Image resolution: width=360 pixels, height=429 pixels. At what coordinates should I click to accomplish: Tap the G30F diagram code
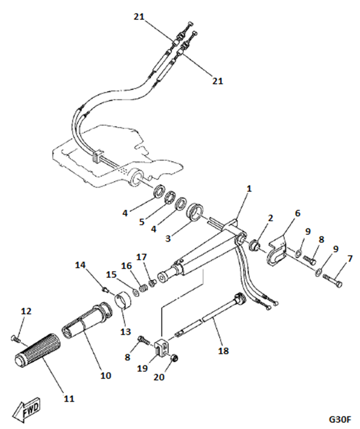click(x=340, y=419)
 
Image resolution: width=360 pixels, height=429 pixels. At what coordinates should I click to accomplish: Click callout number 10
click(x=105, y=376)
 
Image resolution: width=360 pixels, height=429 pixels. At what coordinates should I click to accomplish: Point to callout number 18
click(x=223, y=351)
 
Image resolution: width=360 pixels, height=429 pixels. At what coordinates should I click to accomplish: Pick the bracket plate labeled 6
click(x=276, y=253)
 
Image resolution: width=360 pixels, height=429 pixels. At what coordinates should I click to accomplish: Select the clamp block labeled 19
click(x=160, y=348)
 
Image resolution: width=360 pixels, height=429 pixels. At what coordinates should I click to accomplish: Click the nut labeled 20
click(x=173, y=358)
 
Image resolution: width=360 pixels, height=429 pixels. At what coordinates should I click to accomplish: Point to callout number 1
click(x=249, y=189)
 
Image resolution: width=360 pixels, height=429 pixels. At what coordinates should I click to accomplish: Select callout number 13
click(x=125, y=332)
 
